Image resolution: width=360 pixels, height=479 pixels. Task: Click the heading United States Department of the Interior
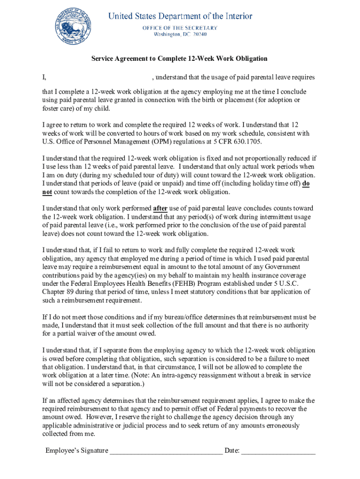tap(180, 16)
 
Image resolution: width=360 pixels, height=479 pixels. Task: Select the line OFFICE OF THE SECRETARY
tap(180, 28)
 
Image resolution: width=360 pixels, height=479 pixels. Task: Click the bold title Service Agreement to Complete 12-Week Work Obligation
tap(180, 58)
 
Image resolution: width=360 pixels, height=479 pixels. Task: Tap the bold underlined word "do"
tap(305, 184)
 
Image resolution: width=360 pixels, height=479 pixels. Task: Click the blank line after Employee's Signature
tap(166, 451)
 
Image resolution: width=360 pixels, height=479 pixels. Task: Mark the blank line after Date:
tap(279, 451)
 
